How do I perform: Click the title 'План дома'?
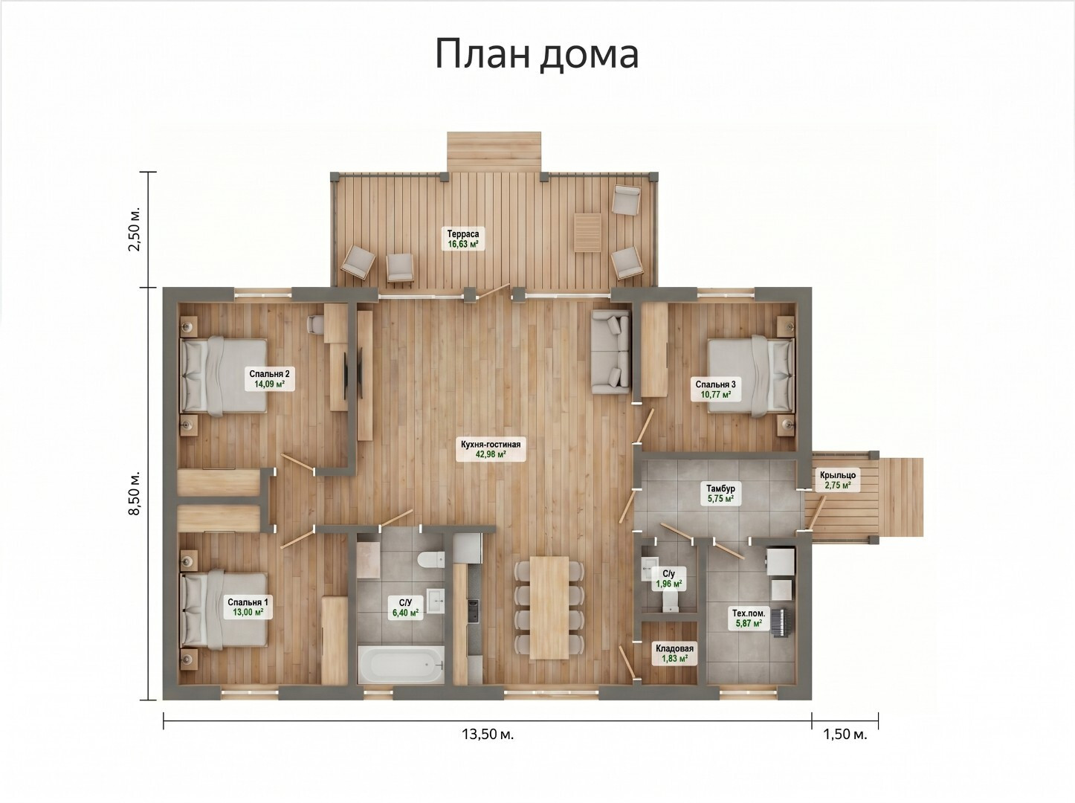pos(537,54)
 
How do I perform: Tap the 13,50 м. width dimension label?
pos(488,734)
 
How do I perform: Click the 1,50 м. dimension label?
pos(845,734)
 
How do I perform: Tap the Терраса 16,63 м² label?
pos(463,239)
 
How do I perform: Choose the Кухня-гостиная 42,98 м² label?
pos(491,449)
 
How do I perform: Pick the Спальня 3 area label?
pos(715,390)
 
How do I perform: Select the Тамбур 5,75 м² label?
pos(720,494)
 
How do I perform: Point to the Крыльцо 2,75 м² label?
pos(838,480)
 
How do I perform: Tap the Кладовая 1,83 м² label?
pos(674,654)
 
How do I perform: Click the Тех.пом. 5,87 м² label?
pos(749,618)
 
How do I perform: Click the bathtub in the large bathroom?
pos(401,665)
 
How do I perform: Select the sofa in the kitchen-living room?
pos(610,352)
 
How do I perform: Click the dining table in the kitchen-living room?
pos(549,607)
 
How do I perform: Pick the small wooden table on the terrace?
pos(588,233)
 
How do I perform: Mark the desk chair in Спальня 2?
pos(316,324)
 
